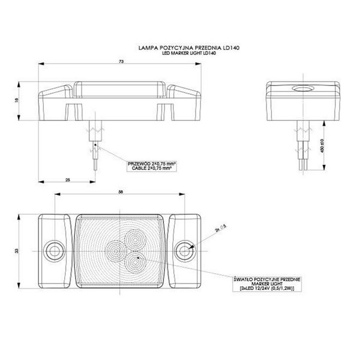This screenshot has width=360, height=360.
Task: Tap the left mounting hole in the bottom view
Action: pos(53,248)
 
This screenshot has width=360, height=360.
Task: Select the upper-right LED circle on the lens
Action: pos(136,239)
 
